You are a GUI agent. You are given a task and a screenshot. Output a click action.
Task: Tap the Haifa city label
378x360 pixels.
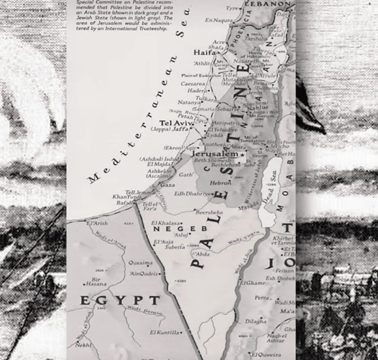204,52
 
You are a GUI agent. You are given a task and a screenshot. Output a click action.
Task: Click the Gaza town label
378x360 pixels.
167,185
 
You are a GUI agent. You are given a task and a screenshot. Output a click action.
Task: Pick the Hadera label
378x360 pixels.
196,91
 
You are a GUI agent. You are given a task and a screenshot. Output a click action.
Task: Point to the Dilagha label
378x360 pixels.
256,321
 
